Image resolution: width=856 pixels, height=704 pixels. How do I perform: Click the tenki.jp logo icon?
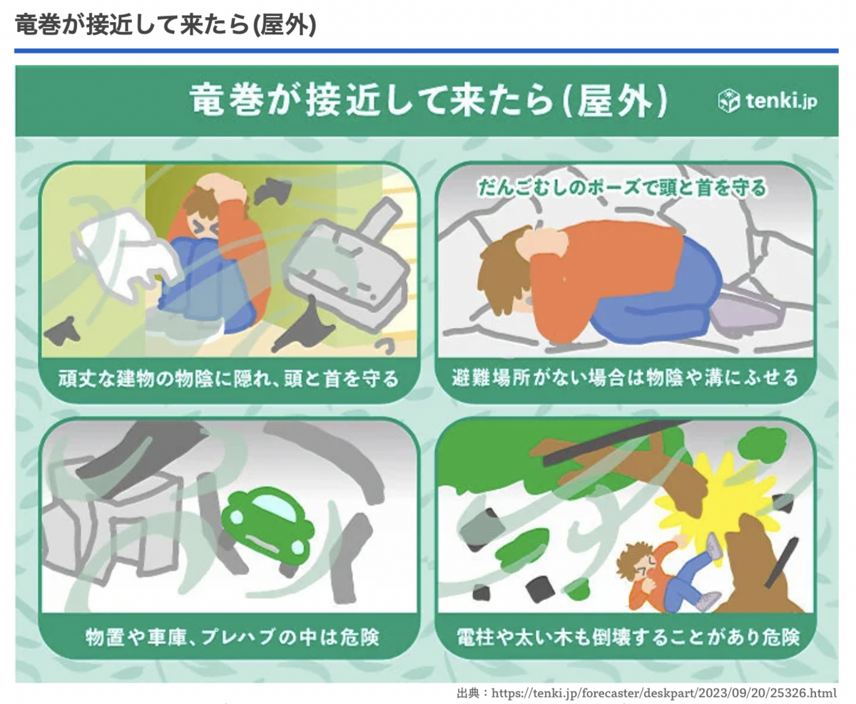[728, 100]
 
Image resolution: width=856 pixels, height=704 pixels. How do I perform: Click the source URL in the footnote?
[663, 693]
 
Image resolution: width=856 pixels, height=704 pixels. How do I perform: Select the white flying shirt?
[124, 254]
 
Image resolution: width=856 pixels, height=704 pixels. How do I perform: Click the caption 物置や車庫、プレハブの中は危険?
[232, 637]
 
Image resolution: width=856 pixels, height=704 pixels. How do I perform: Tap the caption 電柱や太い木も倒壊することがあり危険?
[628, 637]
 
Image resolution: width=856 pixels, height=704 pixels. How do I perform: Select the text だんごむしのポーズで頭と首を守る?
[622, 188]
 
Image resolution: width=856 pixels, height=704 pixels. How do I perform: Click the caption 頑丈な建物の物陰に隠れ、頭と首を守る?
[228, 379]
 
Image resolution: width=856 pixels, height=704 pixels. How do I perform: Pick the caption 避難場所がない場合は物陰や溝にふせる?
[625, 378]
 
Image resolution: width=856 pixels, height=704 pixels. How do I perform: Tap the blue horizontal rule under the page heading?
[426, 51]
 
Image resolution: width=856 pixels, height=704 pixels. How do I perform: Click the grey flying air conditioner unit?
[345, 266]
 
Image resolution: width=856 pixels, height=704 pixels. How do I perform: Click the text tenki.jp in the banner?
[781, 101]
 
